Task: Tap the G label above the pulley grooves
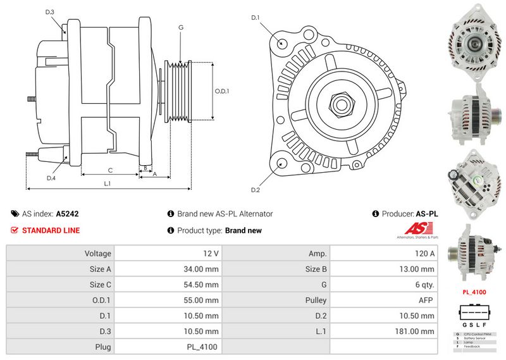pyautogui.click(x=181, y=27)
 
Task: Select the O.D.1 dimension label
pyautogui.click(x=222, y=91)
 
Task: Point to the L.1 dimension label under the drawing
pyautogui.click(x=108, y=183)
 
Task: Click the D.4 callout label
pyautogui.click(x=51, y=178)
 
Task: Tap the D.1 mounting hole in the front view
pyautogui.click(x=281, y=44)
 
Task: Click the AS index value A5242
pyautogui.click(x=67, y=214)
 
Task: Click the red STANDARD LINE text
pyautogui.click(x=51, y=230)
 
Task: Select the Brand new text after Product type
pyautogui.click(x=243, y=231)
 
